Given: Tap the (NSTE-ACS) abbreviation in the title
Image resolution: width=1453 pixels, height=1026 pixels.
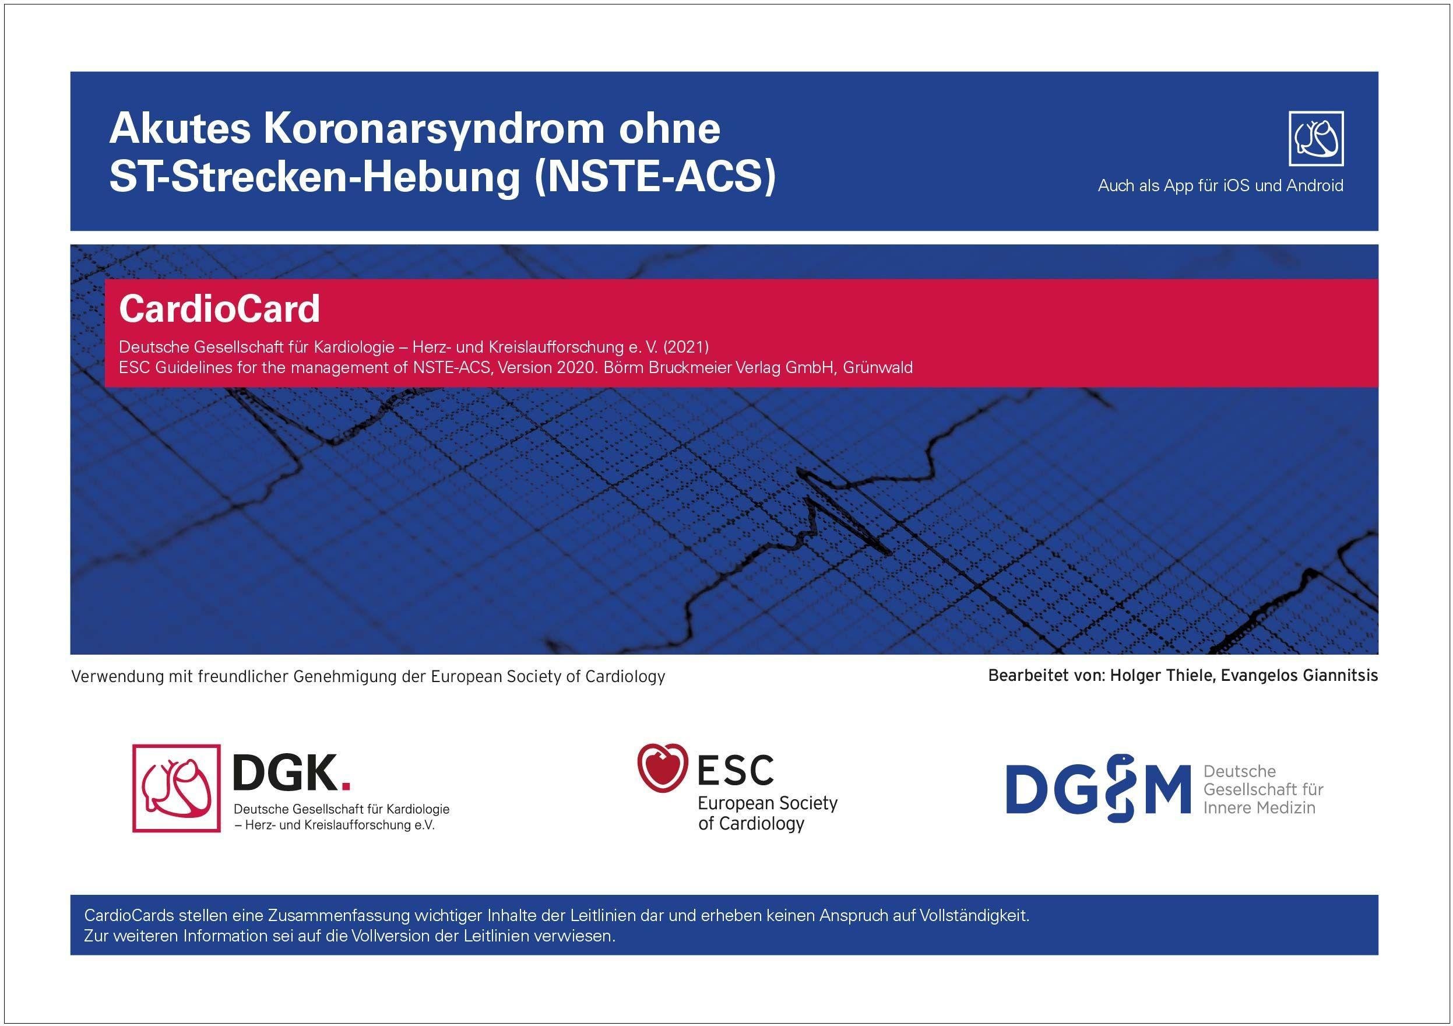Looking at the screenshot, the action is [655, 177].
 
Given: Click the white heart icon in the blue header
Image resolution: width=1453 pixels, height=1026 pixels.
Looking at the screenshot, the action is [1316, 139].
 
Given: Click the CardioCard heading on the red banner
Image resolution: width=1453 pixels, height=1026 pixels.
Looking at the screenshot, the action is [220, 308].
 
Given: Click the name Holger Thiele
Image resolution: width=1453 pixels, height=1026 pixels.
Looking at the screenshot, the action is [1162, 675].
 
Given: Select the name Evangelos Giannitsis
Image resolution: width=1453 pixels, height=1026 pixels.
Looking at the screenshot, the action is [1299, 675].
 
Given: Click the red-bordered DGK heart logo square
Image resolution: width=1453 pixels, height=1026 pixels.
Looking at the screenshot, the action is [177, 788].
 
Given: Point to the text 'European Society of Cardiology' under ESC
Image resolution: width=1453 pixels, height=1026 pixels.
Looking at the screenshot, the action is [768, 813].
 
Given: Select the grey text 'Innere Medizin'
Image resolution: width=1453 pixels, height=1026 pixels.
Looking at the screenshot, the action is [1259, 807].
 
